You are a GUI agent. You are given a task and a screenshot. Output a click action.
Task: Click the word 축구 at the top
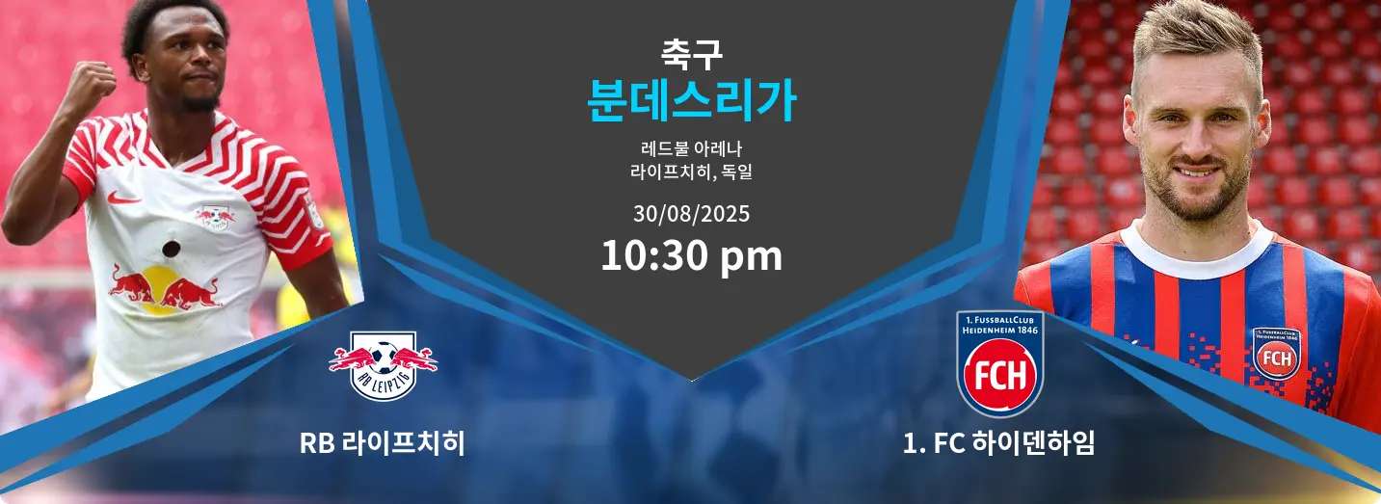click(x=691, y=54)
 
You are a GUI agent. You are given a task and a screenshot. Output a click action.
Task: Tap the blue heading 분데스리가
click(x=691, y=101)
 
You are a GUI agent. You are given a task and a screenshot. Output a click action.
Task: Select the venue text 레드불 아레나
click(x=691, y=148)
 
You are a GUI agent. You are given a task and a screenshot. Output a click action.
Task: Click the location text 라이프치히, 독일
click(x=691, y=172)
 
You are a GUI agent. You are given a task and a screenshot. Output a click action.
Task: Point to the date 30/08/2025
click(x=691, y=214)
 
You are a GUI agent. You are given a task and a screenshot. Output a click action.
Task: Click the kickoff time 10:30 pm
click(x=691, y=255)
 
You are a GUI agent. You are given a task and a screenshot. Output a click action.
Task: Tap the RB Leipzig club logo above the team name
click(x=383, y=365)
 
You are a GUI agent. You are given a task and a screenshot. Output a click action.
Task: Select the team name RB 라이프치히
click(x=383, y=443)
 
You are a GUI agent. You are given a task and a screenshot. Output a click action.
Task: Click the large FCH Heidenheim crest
click(x=999, y=364)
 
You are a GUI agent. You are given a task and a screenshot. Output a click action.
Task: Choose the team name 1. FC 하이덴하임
click(x=998, y=443)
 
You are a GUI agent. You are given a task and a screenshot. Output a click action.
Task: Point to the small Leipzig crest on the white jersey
click(x=215, y=217)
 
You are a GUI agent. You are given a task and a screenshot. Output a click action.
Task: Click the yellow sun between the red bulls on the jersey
click(x=158, y=290)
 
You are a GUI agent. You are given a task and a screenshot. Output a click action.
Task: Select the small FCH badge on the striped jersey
click(x=1276, y=354)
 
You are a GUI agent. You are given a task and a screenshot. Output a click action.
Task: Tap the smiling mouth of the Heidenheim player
click(x=1193, y=172)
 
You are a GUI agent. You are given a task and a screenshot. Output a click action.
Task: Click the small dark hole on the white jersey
click(x=171, y=249)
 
